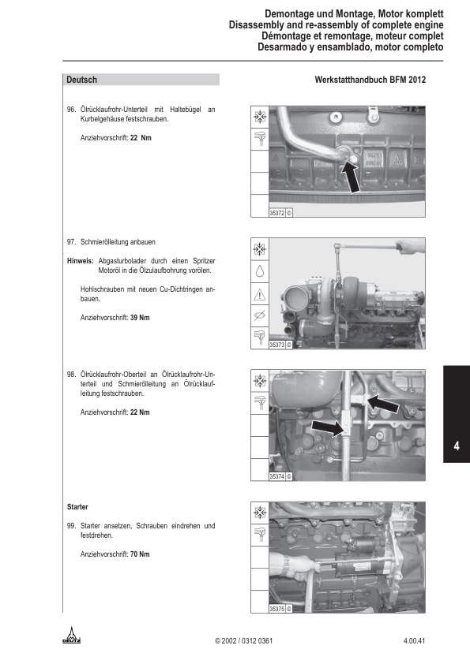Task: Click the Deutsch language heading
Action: [x=81, y=80]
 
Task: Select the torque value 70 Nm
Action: [x=140, y=554]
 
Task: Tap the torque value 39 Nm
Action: [x=140, y=318]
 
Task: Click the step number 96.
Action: [x=71, y=110]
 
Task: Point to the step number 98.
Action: [x=71, y=375]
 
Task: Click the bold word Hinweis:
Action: [x=80, y=261]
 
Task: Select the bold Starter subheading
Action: [x=77, y=507]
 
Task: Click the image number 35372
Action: [x=277, y=213]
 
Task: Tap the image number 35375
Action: [x=277, y=609]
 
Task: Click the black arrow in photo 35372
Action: [x=351, y=177]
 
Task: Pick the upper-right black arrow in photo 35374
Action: [x=382, y=403]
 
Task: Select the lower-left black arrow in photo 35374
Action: [x=329, y=427]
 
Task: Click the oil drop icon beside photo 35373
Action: [x=260, y=271]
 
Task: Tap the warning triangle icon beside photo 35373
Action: [x=260, y=294]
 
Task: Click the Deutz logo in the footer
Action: [x=72, y=635]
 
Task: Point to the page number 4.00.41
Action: [x=414, y=640]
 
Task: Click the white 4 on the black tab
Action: [x=457, y=446]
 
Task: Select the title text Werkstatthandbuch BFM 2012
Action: [x=370, y=80]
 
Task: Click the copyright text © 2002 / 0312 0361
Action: [x=244, y=640]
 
